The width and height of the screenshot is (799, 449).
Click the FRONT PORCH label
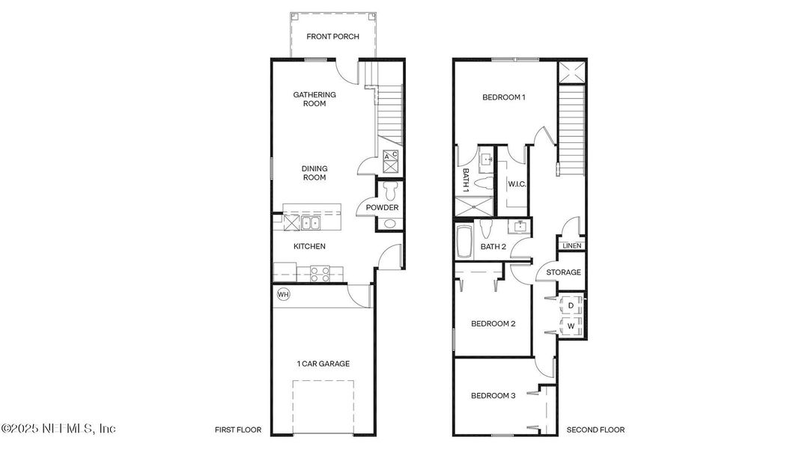pos(333,37)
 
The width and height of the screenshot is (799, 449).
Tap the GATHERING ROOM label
pos(315,100)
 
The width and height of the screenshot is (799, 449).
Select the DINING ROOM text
pos(315,173)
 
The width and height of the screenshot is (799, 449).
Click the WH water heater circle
pos(284,294)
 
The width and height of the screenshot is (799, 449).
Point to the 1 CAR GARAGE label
pos(323,364)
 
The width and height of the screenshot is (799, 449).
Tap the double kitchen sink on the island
pos(309,222)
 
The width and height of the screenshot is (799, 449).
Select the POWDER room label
pos(382,207)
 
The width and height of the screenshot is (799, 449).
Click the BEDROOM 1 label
pos(504,97)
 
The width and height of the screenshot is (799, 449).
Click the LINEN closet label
pos(572,245)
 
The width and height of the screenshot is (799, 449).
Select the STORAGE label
pos(563,272)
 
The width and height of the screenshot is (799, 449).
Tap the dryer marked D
pos(571,305)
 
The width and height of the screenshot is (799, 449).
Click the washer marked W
pos(571,326)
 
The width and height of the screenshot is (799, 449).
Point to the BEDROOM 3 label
pos(493,396)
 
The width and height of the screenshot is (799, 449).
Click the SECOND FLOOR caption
pos(595,430)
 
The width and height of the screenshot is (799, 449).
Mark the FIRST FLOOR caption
pos(237,430)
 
